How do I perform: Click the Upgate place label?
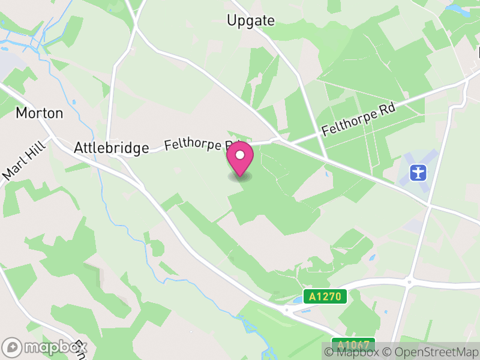coord(251,20)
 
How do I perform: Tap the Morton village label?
coord(39,112)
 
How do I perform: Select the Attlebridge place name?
coord(111,148)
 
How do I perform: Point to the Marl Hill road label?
coord(20,163)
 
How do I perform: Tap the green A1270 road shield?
coord(325,296)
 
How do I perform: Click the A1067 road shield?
coord(353,345)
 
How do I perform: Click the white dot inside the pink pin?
coord(241,156)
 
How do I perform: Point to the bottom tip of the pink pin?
coord(241,176)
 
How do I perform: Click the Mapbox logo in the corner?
coord(45,347)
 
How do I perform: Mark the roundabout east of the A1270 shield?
coord(409,281)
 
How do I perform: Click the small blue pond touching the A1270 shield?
coord(298,299)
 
